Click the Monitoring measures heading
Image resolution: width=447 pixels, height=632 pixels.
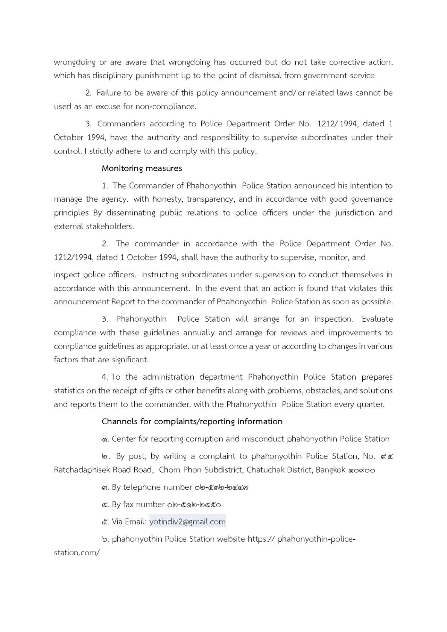point(142,168)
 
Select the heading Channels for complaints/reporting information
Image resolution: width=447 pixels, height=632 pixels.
point(192,421)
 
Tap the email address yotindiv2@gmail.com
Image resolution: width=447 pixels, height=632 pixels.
point(187,521)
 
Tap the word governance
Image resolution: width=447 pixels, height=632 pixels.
point(372,199)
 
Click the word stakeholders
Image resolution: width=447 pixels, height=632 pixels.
point(110,226)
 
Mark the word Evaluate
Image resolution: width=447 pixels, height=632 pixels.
point(377,319)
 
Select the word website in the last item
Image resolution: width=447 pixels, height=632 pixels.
point(231,539)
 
